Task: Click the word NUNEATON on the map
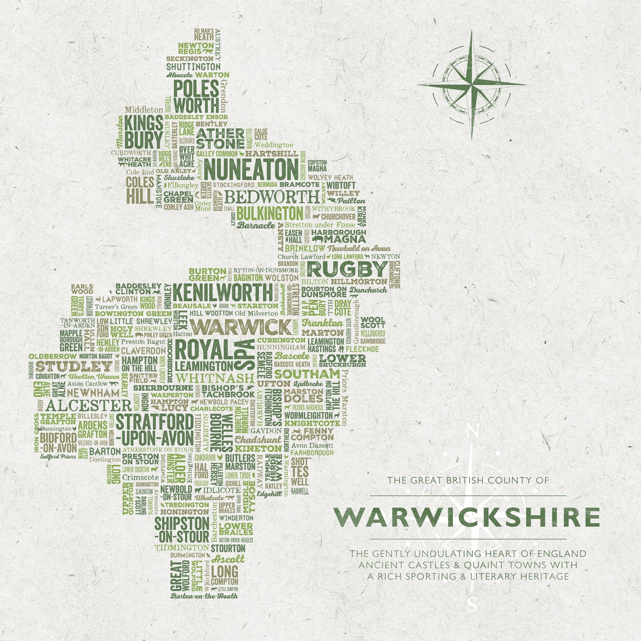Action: click(x=251, y=170)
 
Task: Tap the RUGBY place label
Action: click(x=347, y=269)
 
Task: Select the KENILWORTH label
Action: click(x=223, y=292)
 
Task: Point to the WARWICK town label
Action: click(x=241, y=327)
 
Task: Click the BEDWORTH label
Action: click(x=271, y=197)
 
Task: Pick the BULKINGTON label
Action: click(x=270, y=213)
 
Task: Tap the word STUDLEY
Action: click(x=74, y=366)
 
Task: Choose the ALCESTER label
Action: click(x=88, y=405)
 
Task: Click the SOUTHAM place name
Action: click(x=307, y=374)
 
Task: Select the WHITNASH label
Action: click(x=215, y=378)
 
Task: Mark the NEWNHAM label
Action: click(x=93, y=393)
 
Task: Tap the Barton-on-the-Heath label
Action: click(x=204, y=596)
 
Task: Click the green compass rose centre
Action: click(x=472, y=83)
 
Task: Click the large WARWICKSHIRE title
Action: click(x=467, y=517)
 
